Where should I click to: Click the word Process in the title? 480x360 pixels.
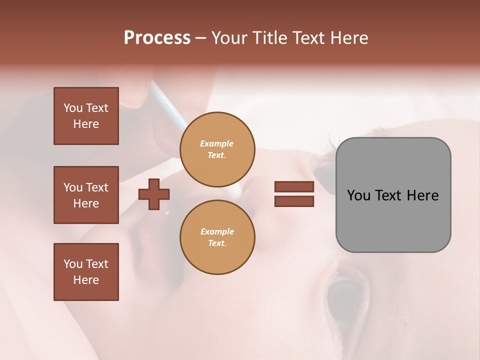point(157,38)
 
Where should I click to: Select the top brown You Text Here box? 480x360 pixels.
point(86,116)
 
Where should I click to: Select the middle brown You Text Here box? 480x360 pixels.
point(86,195)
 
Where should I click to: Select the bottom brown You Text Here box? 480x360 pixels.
point(86,272)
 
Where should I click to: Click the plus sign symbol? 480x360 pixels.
point(154,194)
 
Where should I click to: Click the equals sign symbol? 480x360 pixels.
point(294,194)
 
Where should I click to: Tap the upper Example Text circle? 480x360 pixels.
point(217,149)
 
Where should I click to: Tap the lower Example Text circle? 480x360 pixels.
point(217,237)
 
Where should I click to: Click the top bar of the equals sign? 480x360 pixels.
point(294,187)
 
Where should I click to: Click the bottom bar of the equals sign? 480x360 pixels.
point(294,201)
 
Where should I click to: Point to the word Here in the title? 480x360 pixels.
point(348,38)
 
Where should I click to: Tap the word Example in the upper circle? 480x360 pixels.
point(217,143)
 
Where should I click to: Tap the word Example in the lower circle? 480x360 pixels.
point(217,231)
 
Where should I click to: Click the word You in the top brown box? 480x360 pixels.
point(73,108)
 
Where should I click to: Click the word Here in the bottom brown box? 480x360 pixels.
point(86,280)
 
